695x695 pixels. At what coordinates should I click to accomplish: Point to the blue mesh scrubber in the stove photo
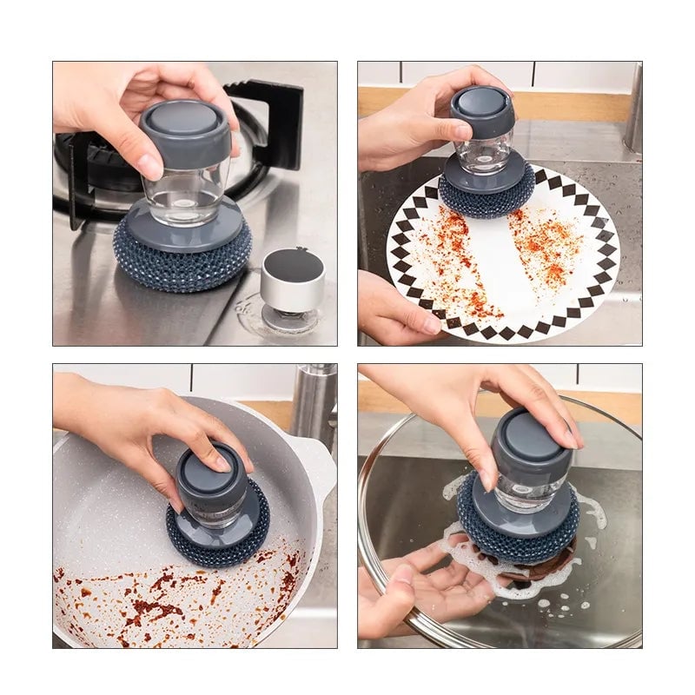(182, 261)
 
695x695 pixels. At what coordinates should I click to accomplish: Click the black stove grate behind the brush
(269, 122)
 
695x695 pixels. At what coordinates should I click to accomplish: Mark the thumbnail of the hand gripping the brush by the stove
(150, 165)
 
